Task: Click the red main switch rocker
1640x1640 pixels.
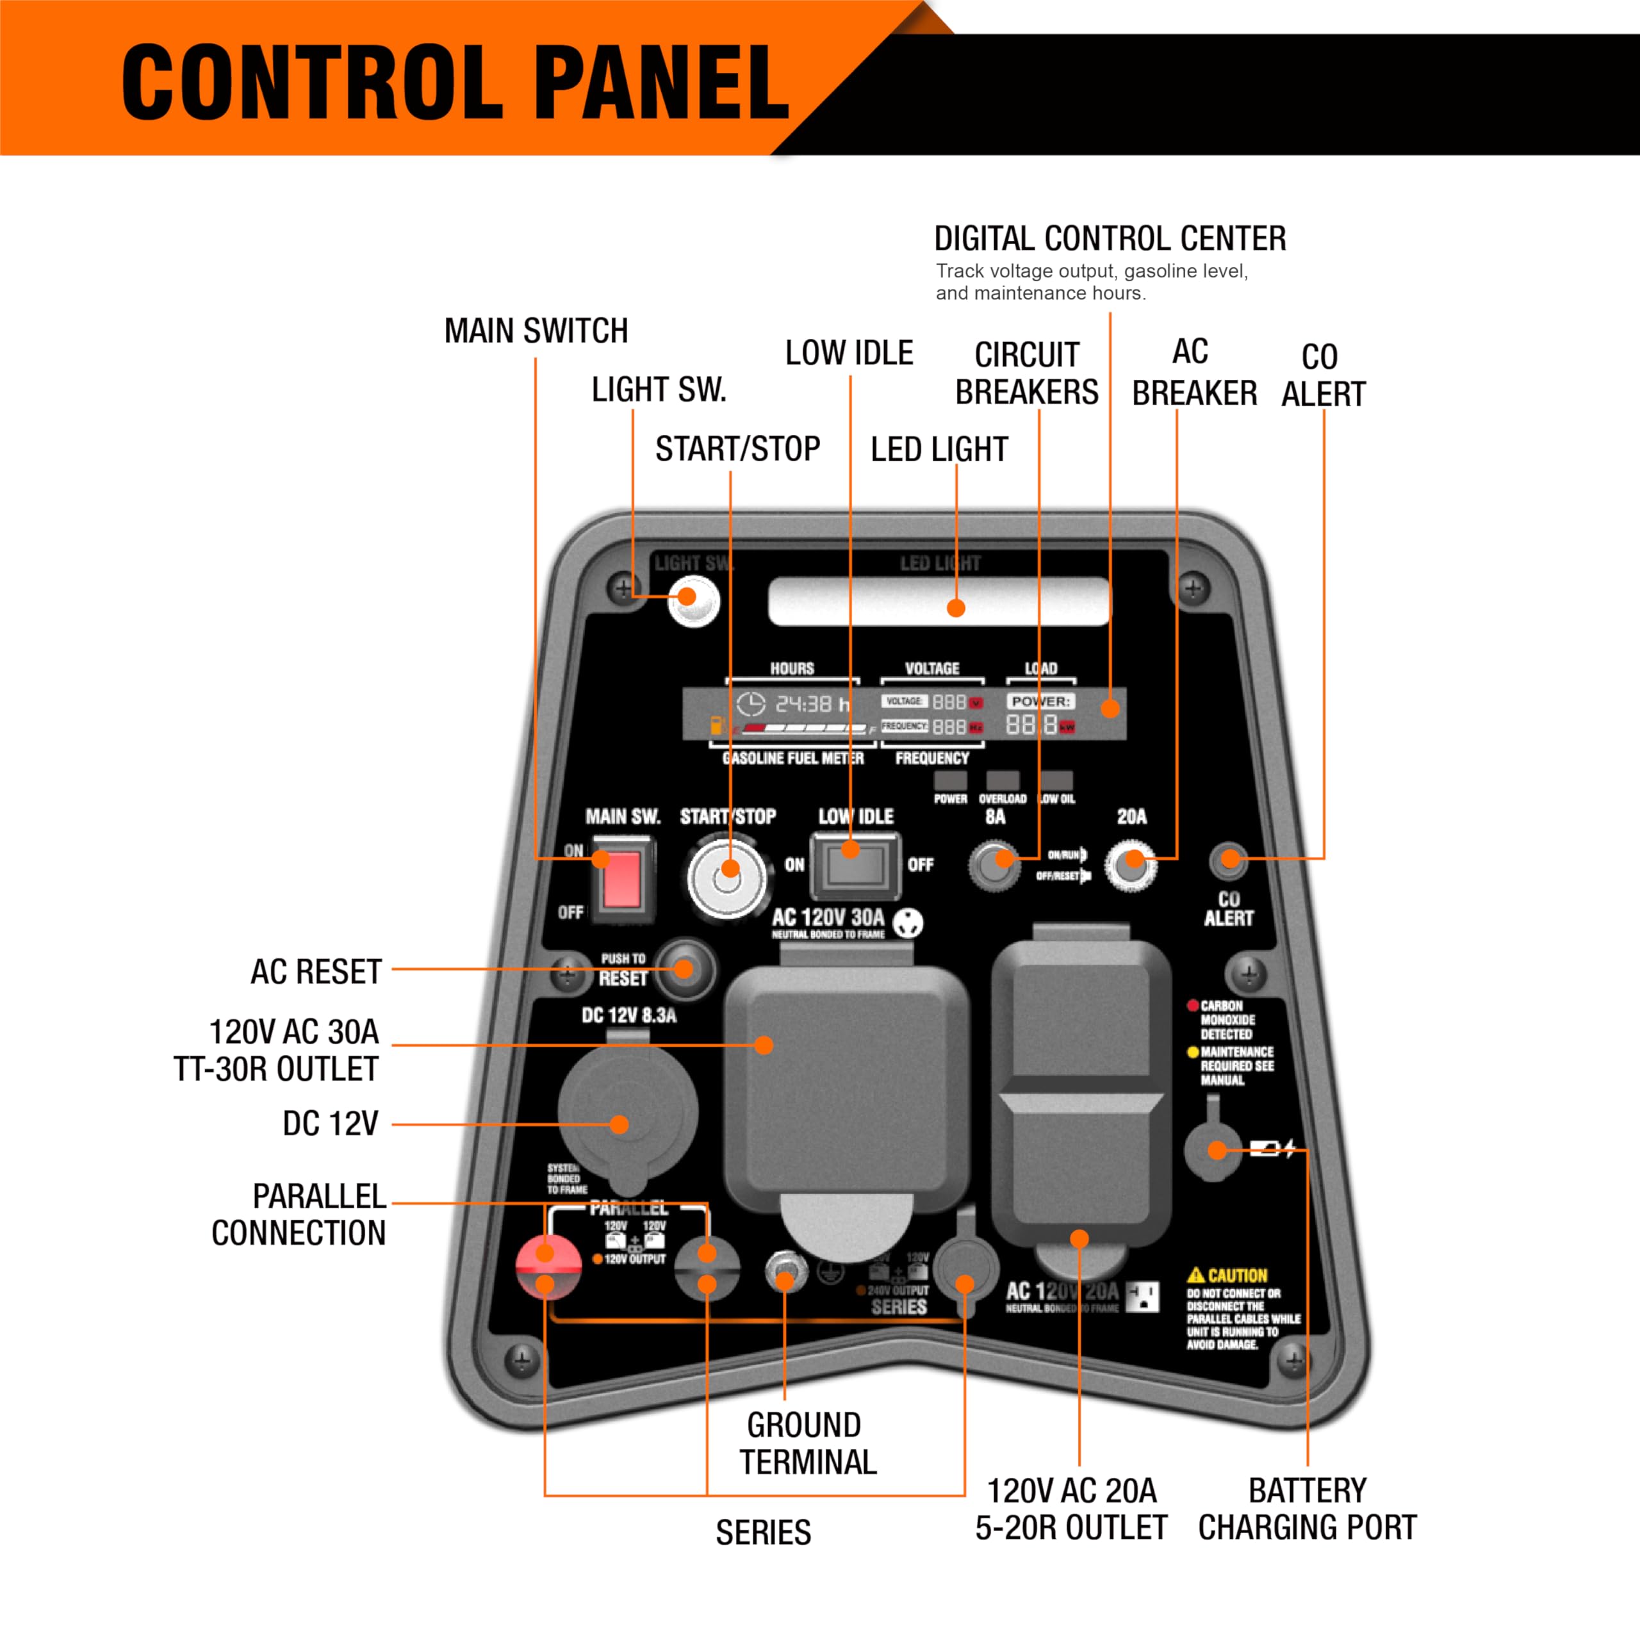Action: pos(622,880)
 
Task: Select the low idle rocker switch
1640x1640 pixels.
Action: pos(855,865)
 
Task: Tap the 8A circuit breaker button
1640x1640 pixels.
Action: pos(995,865)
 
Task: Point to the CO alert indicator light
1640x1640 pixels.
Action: pos(1227,861)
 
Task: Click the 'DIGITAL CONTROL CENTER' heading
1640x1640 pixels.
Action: pos(1110,238)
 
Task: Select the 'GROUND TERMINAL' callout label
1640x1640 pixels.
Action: pos(807,1443)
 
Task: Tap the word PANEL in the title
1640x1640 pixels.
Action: pos(662,83)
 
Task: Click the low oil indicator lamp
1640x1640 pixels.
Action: pos(1057,781)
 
